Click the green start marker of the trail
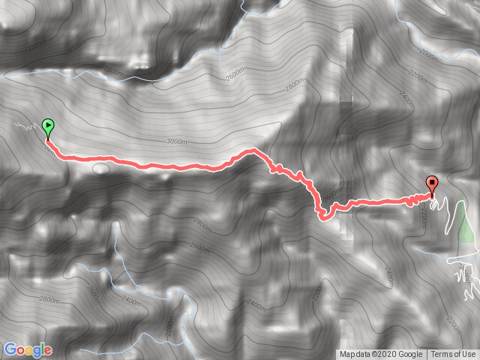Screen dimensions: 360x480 (x=49, y=127)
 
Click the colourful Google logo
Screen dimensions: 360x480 (x=28, y=349)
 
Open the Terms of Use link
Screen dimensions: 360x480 (x=452, y=355)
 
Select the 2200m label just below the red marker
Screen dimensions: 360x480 (x=424, y=217)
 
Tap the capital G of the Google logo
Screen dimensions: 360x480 (x=10, y=349)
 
